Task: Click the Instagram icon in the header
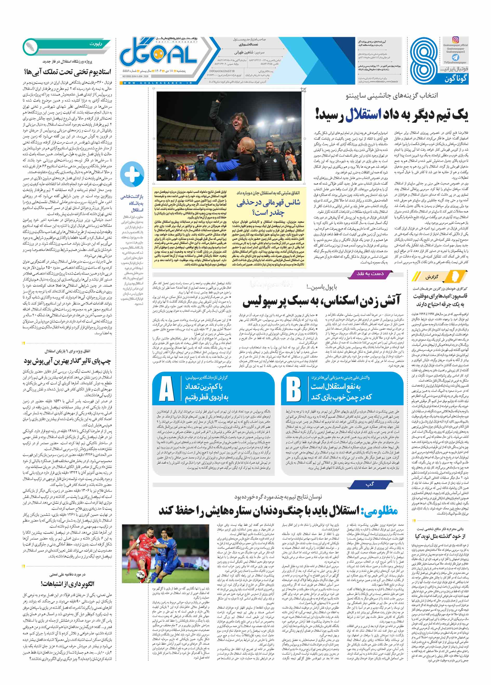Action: (x=455, y=39)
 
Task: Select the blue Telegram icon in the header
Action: (x=455, y=57)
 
